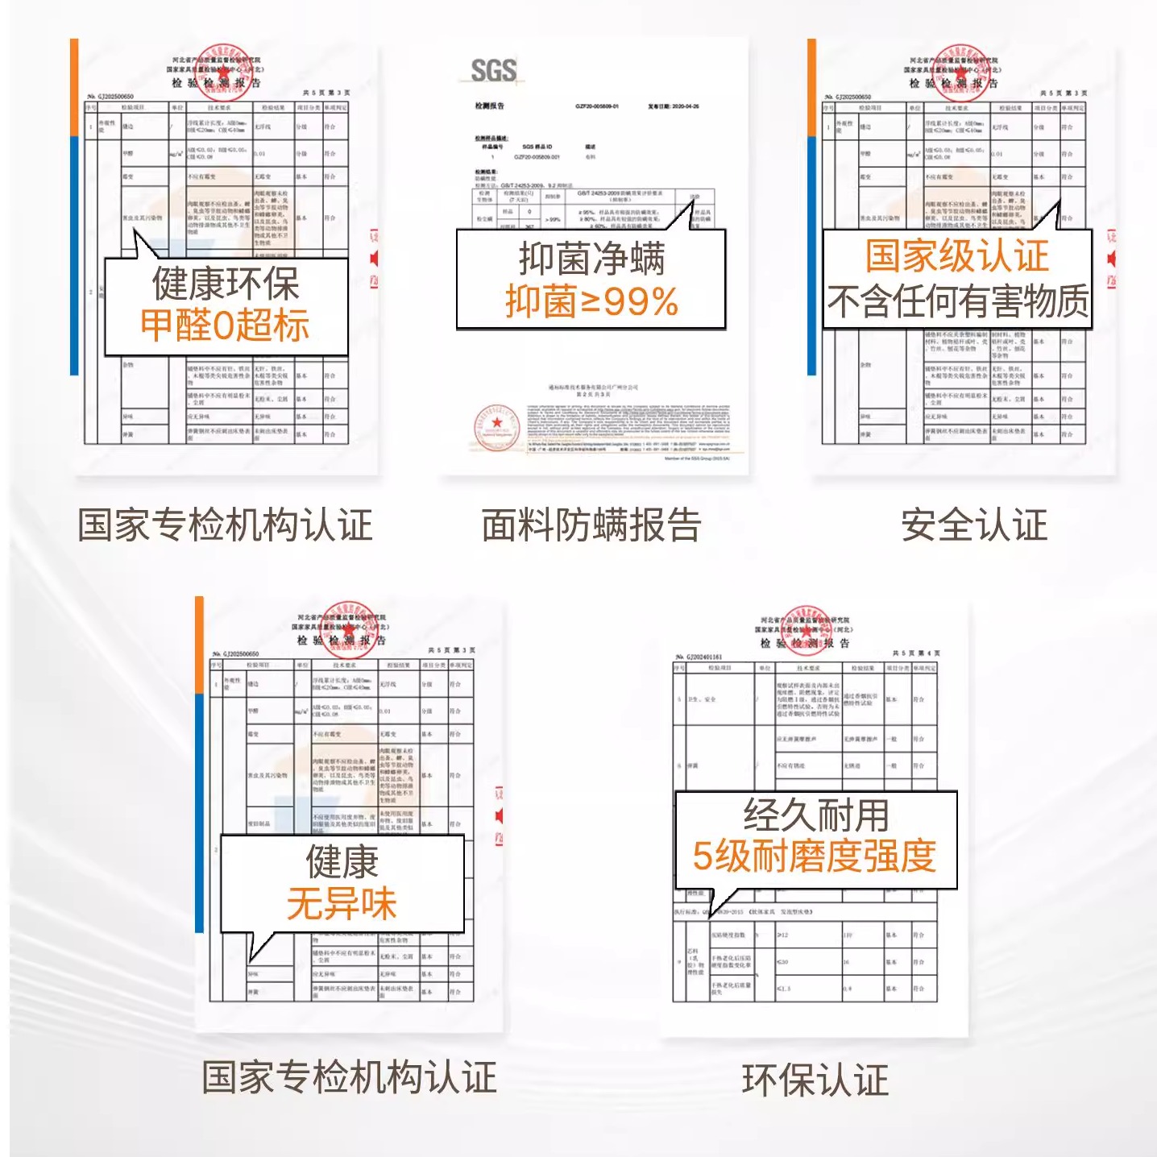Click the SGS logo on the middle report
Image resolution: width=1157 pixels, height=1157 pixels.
tap(493, 71)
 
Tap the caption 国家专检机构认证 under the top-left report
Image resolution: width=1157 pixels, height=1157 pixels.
tap(225, 525)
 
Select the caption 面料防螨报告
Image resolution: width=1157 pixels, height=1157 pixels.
tap(591, 525)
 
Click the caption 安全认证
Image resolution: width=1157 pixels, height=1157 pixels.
tap(974, 525)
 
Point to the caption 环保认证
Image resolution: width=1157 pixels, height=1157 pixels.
tap(815, 1080)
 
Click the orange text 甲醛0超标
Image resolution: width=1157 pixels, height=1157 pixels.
tap(225, 326)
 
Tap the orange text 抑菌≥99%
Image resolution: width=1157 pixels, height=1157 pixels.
tap(591, 302)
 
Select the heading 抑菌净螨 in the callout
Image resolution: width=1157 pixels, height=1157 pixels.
tap(591, 259)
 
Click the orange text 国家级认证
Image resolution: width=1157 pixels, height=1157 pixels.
tap(957, 256)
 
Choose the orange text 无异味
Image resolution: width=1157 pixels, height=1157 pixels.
tap(342, 903)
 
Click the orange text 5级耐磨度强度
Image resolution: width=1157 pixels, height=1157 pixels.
tap(815, 856)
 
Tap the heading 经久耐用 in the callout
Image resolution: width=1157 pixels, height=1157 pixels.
tap(815, 815)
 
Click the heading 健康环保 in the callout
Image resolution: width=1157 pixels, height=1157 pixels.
tap(226, 284)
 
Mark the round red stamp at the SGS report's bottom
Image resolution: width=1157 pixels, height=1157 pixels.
tap(496, 427)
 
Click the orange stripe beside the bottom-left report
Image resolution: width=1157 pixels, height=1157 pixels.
tap(199, 645)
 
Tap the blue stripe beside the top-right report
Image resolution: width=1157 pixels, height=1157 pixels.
tap(811, 255)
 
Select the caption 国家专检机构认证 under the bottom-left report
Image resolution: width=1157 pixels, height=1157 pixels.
tap(349, 1078)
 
